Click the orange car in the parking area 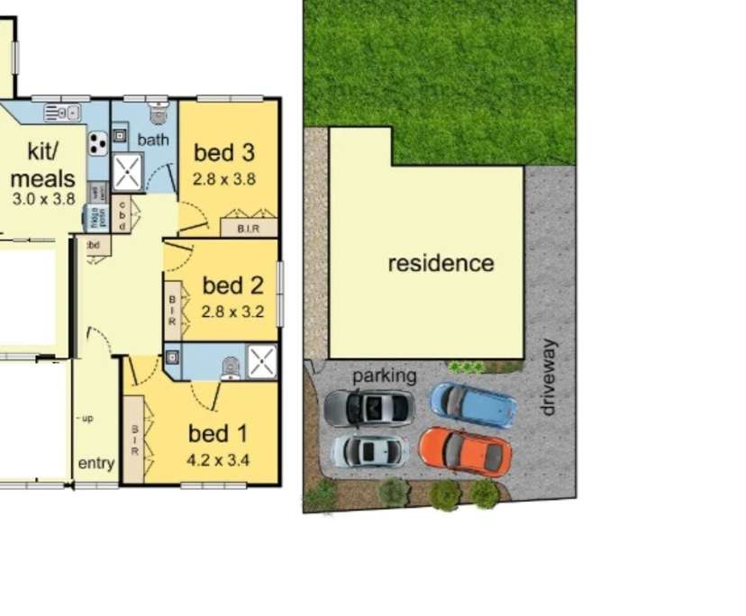465,451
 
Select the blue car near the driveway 472,405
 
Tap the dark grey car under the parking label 369,408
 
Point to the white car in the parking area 369,450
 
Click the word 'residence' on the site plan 441,264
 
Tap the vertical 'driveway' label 548,377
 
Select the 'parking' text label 385,376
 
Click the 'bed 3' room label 225,152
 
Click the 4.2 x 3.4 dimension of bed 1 218,460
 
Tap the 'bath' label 152,140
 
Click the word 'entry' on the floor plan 96,464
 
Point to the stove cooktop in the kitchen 97,142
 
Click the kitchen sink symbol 62,113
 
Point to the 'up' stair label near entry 86,419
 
